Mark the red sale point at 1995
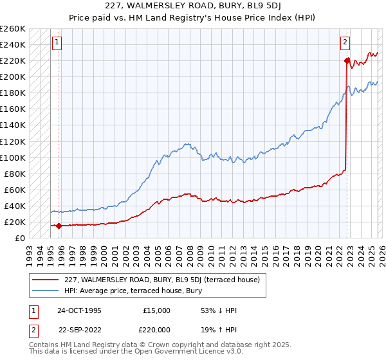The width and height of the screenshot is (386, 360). pyautogui.click(x=59, y=226)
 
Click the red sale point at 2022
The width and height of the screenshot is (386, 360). pyautogui.click(x=347, y=61)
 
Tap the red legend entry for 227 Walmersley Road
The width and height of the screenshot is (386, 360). pyautogui.click(x=161, y=280)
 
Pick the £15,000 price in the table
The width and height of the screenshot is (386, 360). pyautogui.click(x=157, y=310)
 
